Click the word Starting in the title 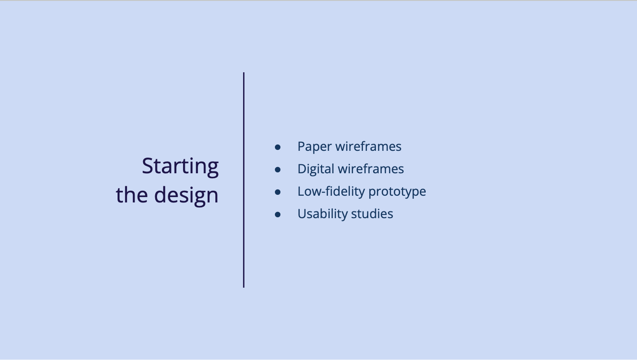[x=180, y=167]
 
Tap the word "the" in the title [x=132, y=195]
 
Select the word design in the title [x=186, y=196]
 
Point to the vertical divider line [x=244, y=180]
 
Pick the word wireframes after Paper [x=368, y=146]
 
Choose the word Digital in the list [x=316, y=169]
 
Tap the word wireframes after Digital [x=371, y=169]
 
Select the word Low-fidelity [x=331, y=191]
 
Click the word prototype [x=397, y=192]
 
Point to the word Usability [x=323, y=214]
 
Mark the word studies [x=372, y=213]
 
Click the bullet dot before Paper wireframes [x=278, y=147]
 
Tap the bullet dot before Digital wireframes [x=278, y=170]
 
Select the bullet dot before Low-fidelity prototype [x=278, y=192]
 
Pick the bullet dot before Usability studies [x=278, y=214]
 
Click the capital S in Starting [x=148, y=165]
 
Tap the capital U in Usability [x=302, y=214]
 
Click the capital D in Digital [x=302, y=169]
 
